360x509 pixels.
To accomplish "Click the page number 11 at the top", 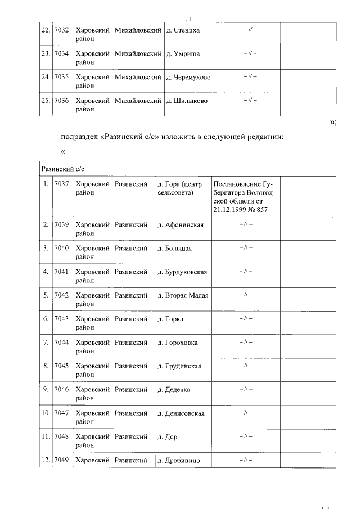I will coord(188,17).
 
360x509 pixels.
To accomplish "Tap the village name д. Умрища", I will coord(183,53).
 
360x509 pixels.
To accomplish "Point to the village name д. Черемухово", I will coord(188,77).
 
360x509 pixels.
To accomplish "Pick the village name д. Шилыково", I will coord(187,101).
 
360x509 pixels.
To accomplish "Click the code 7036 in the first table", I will coord(61,101).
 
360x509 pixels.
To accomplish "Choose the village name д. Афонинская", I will coord(181,225).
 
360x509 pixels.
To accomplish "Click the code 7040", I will coord(61,248).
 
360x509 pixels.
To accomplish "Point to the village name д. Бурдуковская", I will coord(182,272).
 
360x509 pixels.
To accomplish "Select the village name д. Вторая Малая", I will coord(183,295).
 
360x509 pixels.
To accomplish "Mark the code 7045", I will coord(61,366).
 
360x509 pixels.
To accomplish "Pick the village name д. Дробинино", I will coord(179,460).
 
